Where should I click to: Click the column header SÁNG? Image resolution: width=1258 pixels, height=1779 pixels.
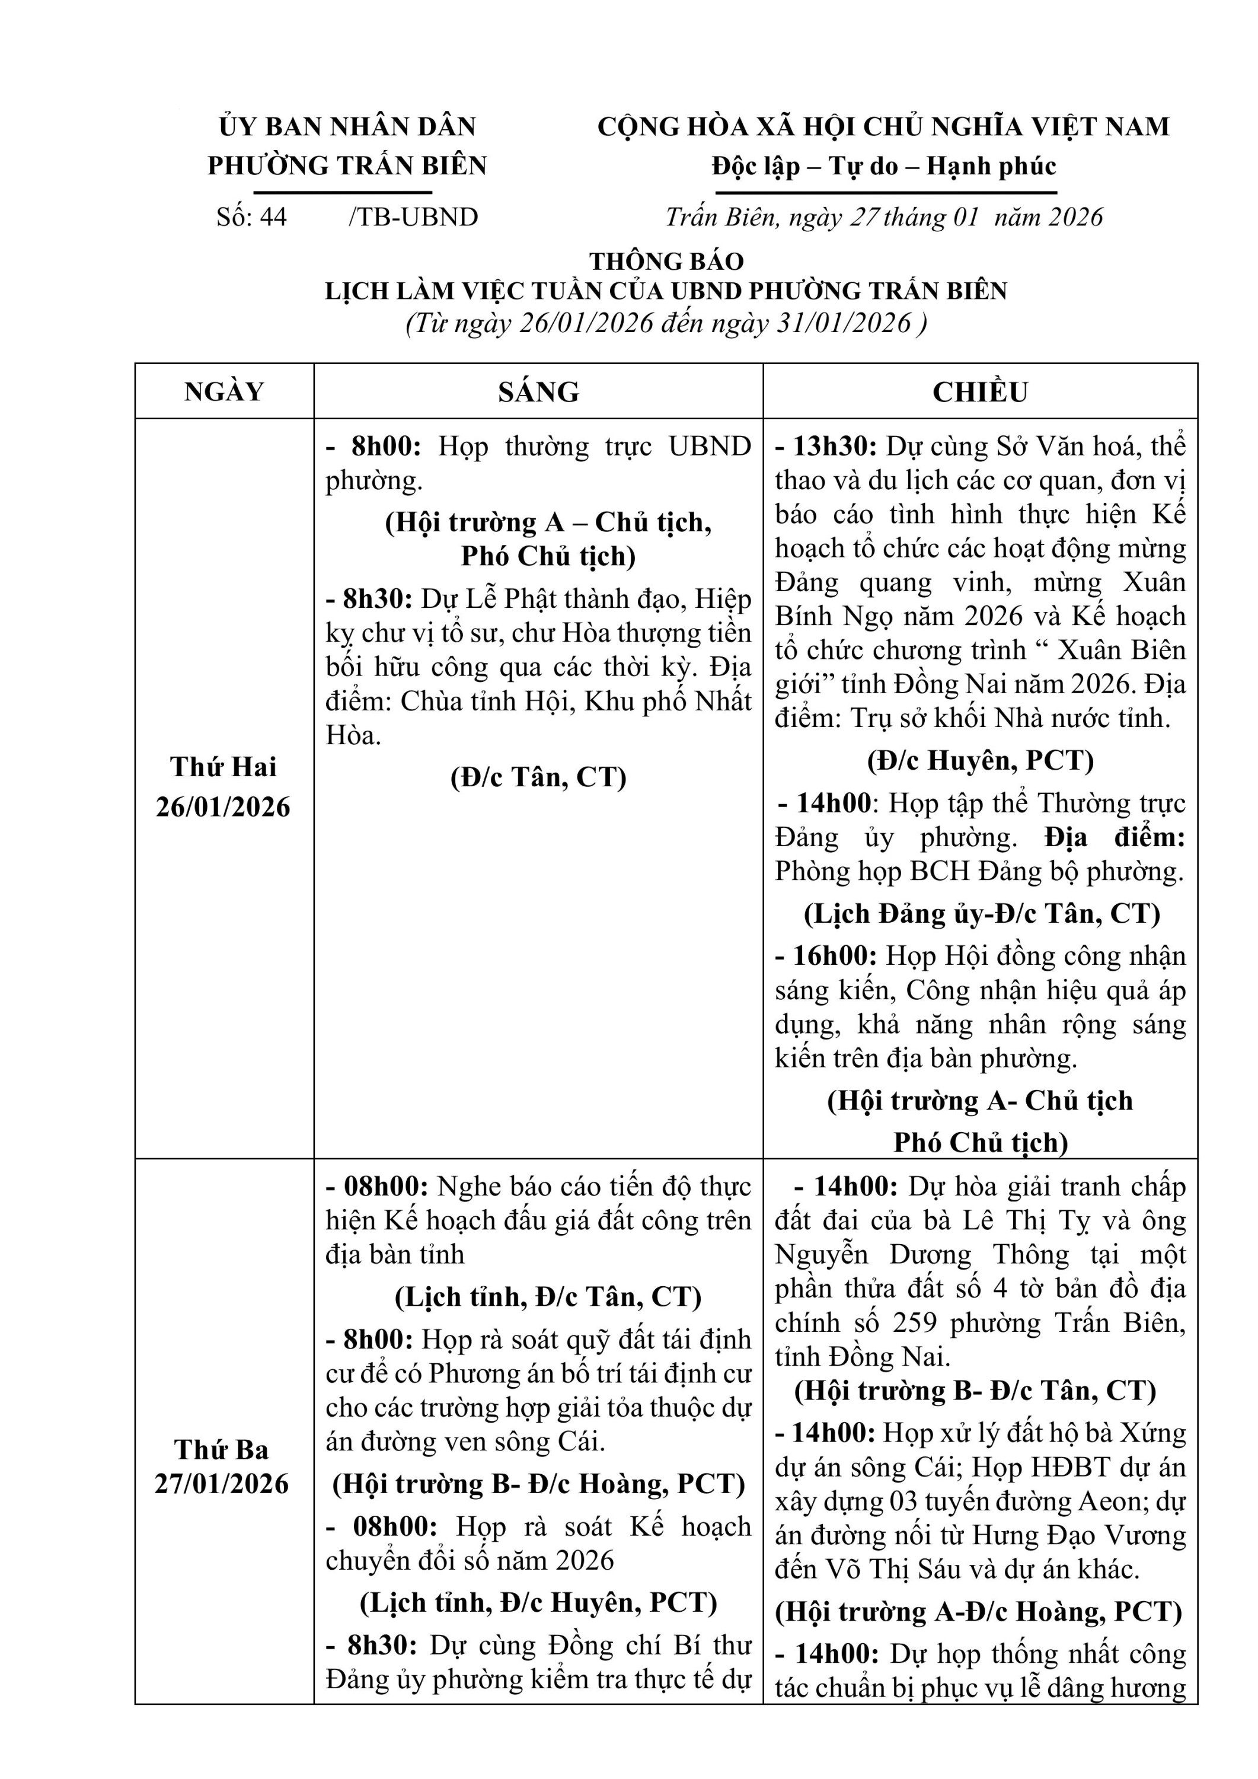[538, 391]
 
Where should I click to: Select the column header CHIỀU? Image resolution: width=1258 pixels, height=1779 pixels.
[980, 391]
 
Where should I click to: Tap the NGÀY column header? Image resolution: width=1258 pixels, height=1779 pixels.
[224, 391]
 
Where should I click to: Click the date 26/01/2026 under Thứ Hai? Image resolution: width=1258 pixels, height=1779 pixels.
[223, 806]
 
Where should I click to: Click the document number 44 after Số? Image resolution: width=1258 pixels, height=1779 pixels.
[273, 217]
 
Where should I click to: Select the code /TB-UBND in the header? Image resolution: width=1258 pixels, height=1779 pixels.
[414, 217]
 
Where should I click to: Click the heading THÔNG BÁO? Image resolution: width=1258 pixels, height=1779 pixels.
[666, 261]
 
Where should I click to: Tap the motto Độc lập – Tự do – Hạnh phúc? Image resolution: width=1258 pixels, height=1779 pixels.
[883, 166]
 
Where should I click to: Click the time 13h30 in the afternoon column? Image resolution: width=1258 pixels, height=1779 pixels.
[833, 447]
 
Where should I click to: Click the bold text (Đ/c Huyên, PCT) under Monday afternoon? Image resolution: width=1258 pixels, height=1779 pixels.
[980, 760]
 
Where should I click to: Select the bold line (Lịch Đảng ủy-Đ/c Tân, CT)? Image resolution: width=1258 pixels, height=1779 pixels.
[982, 914]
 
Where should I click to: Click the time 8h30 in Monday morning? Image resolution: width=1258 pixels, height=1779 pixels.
[377, 599]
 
